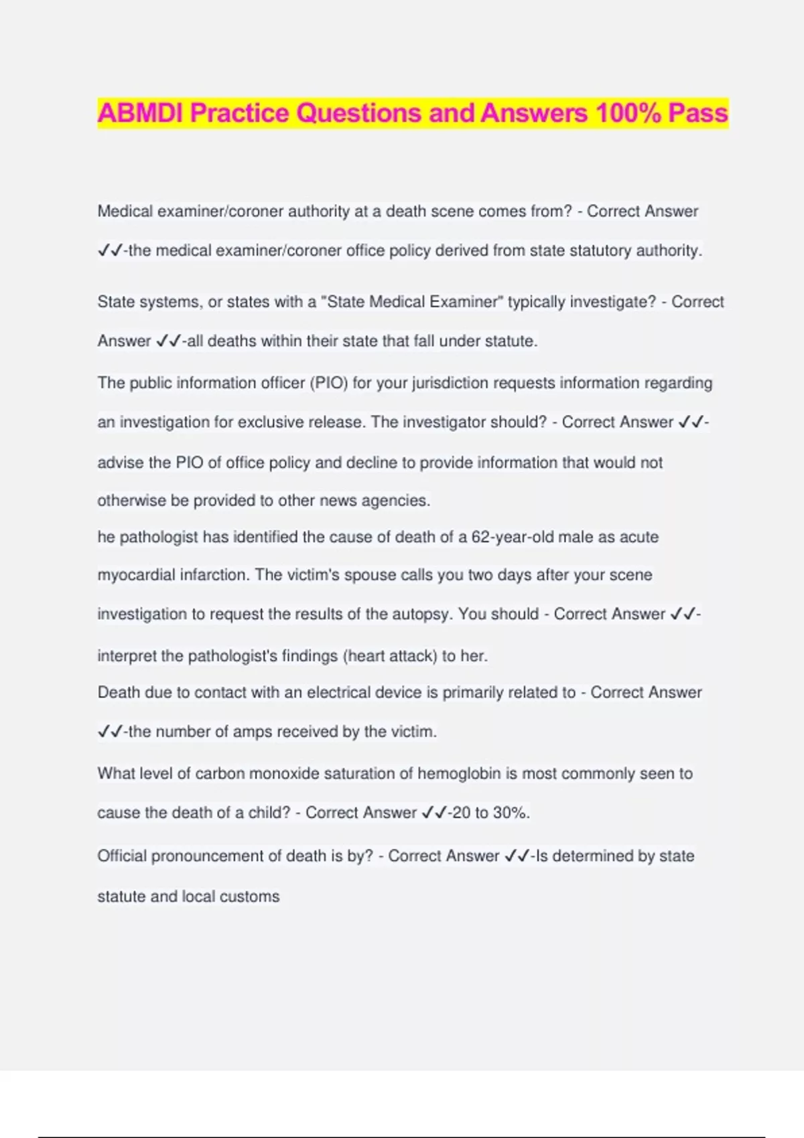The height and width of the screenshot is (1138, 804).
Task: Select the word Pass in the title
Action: point(697,113)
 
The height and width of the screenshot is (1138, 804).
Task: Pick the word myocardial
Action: point(137,575)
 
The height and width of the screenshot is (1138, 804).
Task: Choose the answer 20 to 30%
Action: point(490,813)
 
